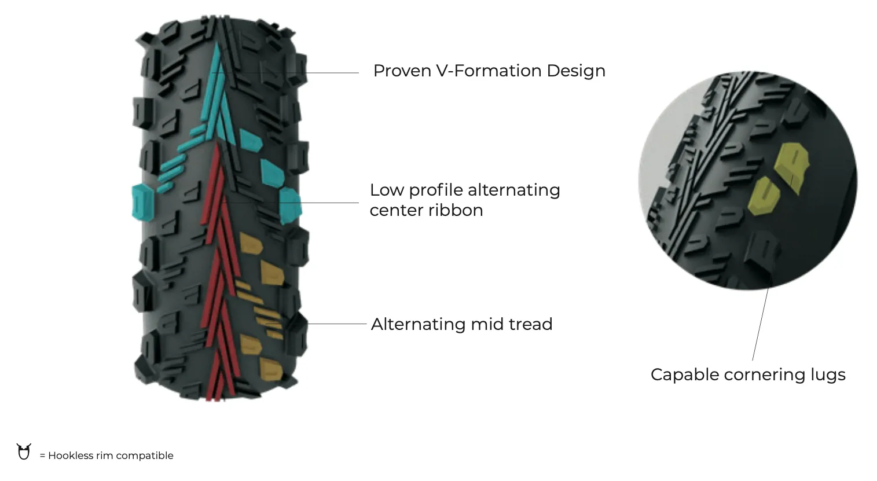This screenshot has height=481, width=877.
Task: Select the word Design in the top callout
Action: click(x=576, y=71)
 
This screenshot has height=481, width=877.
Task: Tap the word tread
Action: click(x=530, y=324)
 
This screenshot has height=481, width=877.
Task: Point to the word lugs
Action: click(x=828, y=374)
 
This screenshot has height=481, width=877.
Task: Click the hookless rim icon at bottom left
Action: click(x=24, y=451)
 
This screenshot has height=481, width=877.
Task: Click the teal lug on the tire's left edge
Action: click(x=142, y=202)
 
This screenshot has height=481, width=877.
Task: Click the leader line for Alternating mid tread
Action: click(x=339, y=324)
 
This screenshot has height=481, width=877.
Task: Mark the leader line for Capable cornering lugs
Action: click(x=760, y=324)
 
